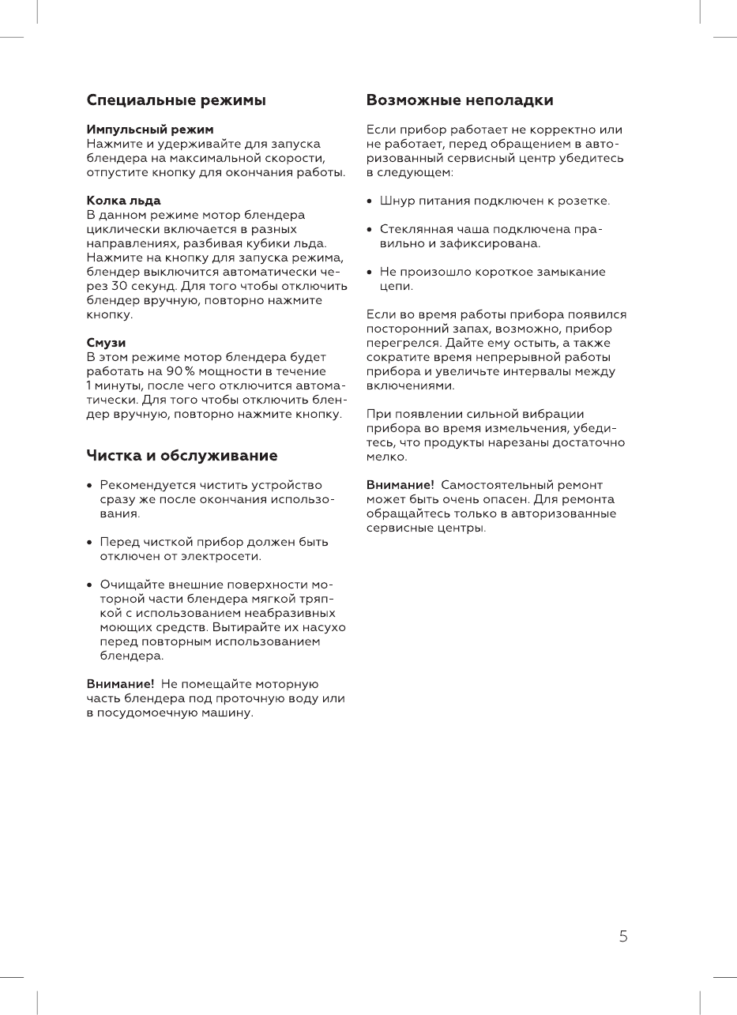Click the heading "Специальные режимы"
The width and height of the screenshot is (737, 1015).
(x=175, y=100)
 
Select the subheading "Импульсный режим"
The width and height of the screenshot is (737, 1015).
(x=149, y=129)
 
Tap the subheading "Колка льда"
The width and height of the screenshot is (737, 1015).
(x=123, y=201)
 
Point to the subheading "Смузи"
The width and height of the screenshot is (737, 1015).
(x=106, y=343)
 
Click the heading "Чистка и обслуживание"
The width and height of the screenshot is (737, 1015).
(x=182, y=456)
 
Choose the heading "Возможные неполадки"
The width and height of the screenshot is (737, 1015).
(x=460, y=100)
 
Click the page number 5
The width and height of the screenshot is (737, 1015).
(x=623, y=937)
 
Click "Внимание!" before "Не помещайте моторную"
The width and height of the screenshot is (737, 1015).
(x=120, y=684)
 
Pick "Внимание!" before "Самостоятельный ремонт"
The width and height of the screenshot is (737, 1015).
(x=400, y=485)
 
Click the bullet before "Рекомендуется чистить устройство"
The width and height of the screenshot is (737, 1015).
(x=90, y=485)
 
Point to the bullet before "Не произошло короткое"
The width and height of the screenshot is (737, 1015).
(x=370, y=272)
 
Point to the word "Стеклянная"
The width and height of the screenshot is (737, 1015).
(x=414, y=229)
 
